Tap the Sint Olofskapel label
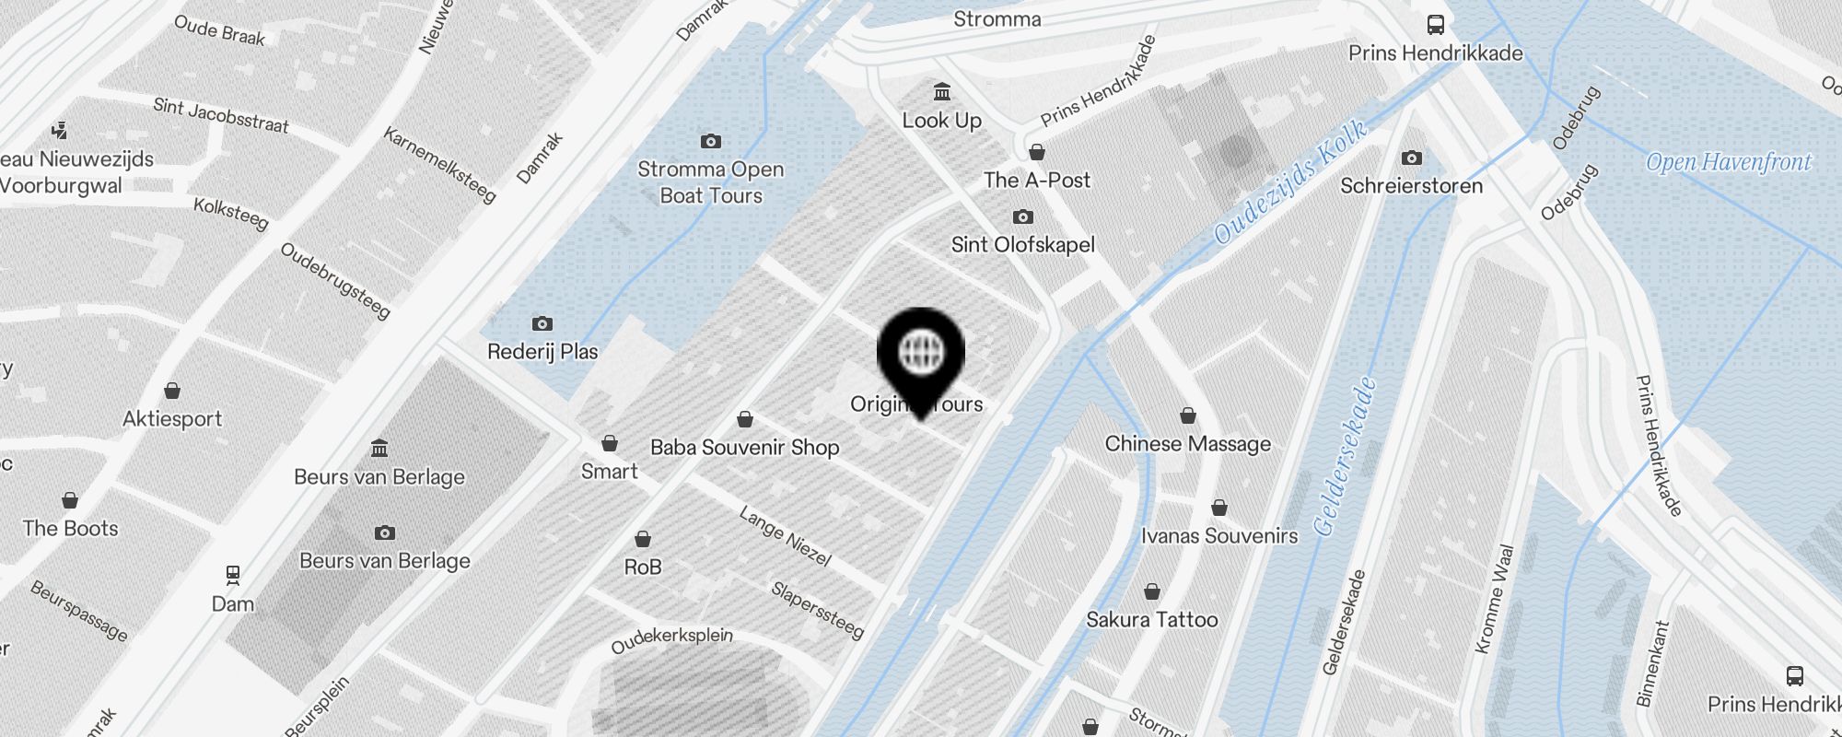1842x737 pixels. coord(1022,244)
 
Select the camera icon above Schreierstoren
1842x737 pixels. coord(1411,158)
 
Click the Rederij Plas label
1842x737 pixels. coord(542,351)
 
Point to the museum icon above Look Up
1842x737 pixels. coord(941,92)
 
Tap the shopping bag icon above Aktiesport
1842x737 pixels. coord(172,391)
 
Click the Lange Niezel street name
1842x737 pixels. coord(785,536)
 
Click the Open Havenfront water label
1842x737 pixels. coord(1728,163)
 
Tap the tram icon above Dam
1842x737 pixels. coord(233,576)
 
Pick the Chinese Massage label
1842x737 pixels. coord(1187,443)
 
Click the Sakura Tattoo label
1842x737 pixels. coord(1151,619)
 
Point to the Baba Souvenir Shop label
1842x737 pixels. coord(744,447)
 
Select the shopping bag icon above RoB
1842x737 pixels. coord(643,539)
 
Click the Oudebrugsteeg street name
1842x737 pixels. coord(335,280)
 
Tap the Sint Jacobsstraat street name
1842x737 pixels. coord(221,116)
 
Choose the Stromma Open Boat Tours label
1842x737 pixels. coord(710,181)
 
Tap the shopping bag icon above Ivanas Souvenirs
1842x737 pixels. coord(1219,508)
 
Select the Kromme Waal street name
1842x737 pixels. coord(1494,599)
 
